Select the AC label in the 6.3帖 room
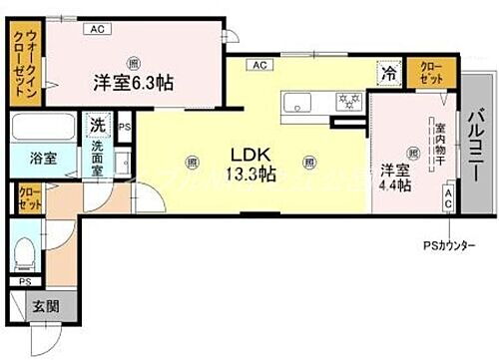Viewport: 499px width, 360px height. (x=98, y=30)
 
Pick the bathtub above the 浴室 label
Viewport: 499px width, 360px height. (x=42, y=129)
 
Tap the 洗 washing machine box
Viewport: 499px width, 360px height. (x=97, y=126)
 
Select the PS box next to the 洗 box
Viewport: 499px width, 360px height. (x=125, y=127)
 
